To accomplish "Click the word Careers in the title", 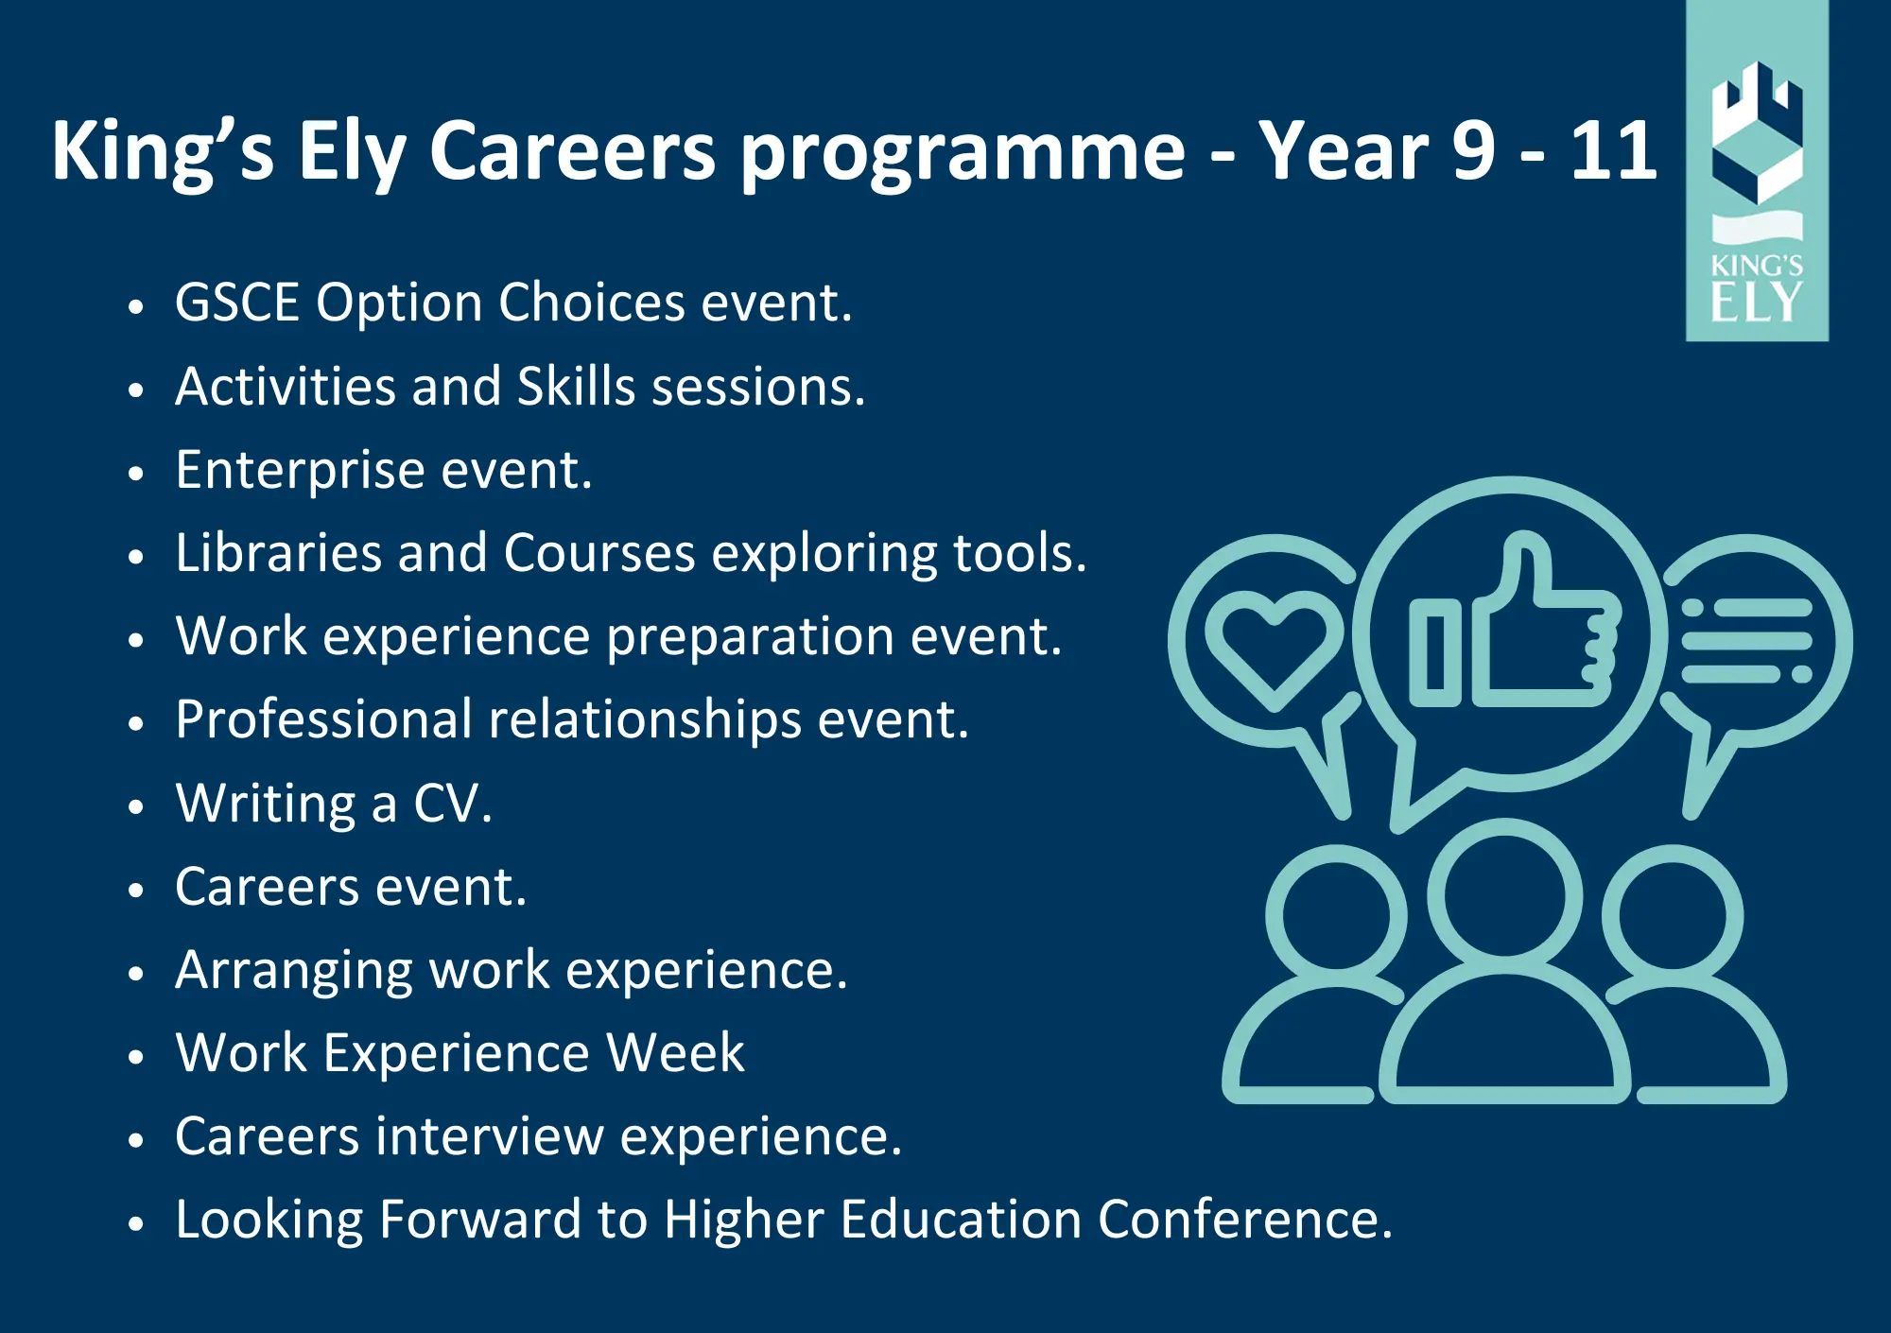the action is coord(572,150).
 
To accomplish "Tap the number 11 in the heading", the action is coord(1614,150).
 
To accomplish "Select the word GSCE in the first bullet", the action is coord(237,303).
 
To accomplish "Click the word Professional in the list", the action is coord(323,719).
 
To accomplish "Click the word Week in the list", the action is coord(675,1053).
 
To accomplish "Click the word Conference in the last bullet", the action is coord(1238,1220).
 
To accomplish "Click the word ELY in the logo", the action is coord(1757,303).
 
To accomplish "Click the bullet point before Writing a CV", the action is coord(136,807).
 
